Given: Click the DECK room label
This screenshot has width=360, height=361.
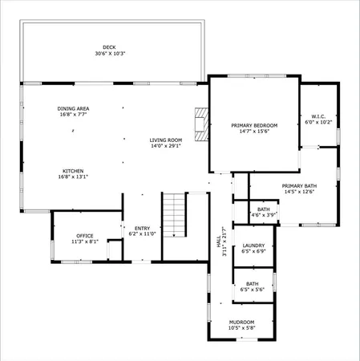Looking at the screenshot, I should pos(109,47).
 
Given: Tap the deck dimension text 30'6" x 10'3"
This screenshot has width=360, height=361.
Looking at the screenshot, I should pos(109,54).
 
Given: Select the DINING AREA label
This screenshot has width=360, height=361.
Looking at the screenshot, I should pos(72,108).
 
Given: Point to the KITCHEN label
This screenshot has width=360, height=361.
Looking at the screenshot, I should pos(73,171).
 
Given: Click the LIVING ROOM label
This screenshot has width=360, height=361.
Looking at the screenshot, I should pos(166,140).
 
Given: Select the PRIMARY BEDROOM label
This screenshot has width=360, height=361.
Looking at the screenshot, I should pos(254,125).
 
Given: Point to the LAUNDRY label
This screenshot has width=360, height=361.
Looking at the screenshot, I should pos(253,245).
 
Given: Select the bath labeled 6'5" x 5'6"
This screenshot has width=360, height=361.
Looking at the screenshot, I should pos(253,284).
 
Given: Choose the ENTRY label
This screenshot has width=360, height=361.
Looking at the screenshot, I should pos(141,228).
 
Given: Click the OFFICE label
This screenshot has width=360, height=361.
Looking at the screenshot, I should pos(85,235).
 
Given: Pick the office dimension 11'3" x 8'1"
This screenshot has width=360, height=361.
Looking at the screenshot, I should pos(85,241).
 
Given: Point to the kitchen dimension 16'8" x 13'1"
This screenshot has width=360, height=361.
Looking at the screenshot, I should pos(73,177).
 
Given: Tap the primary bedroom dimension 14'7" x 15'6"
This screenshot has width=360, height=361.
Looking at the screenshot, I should pos(254,132).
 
